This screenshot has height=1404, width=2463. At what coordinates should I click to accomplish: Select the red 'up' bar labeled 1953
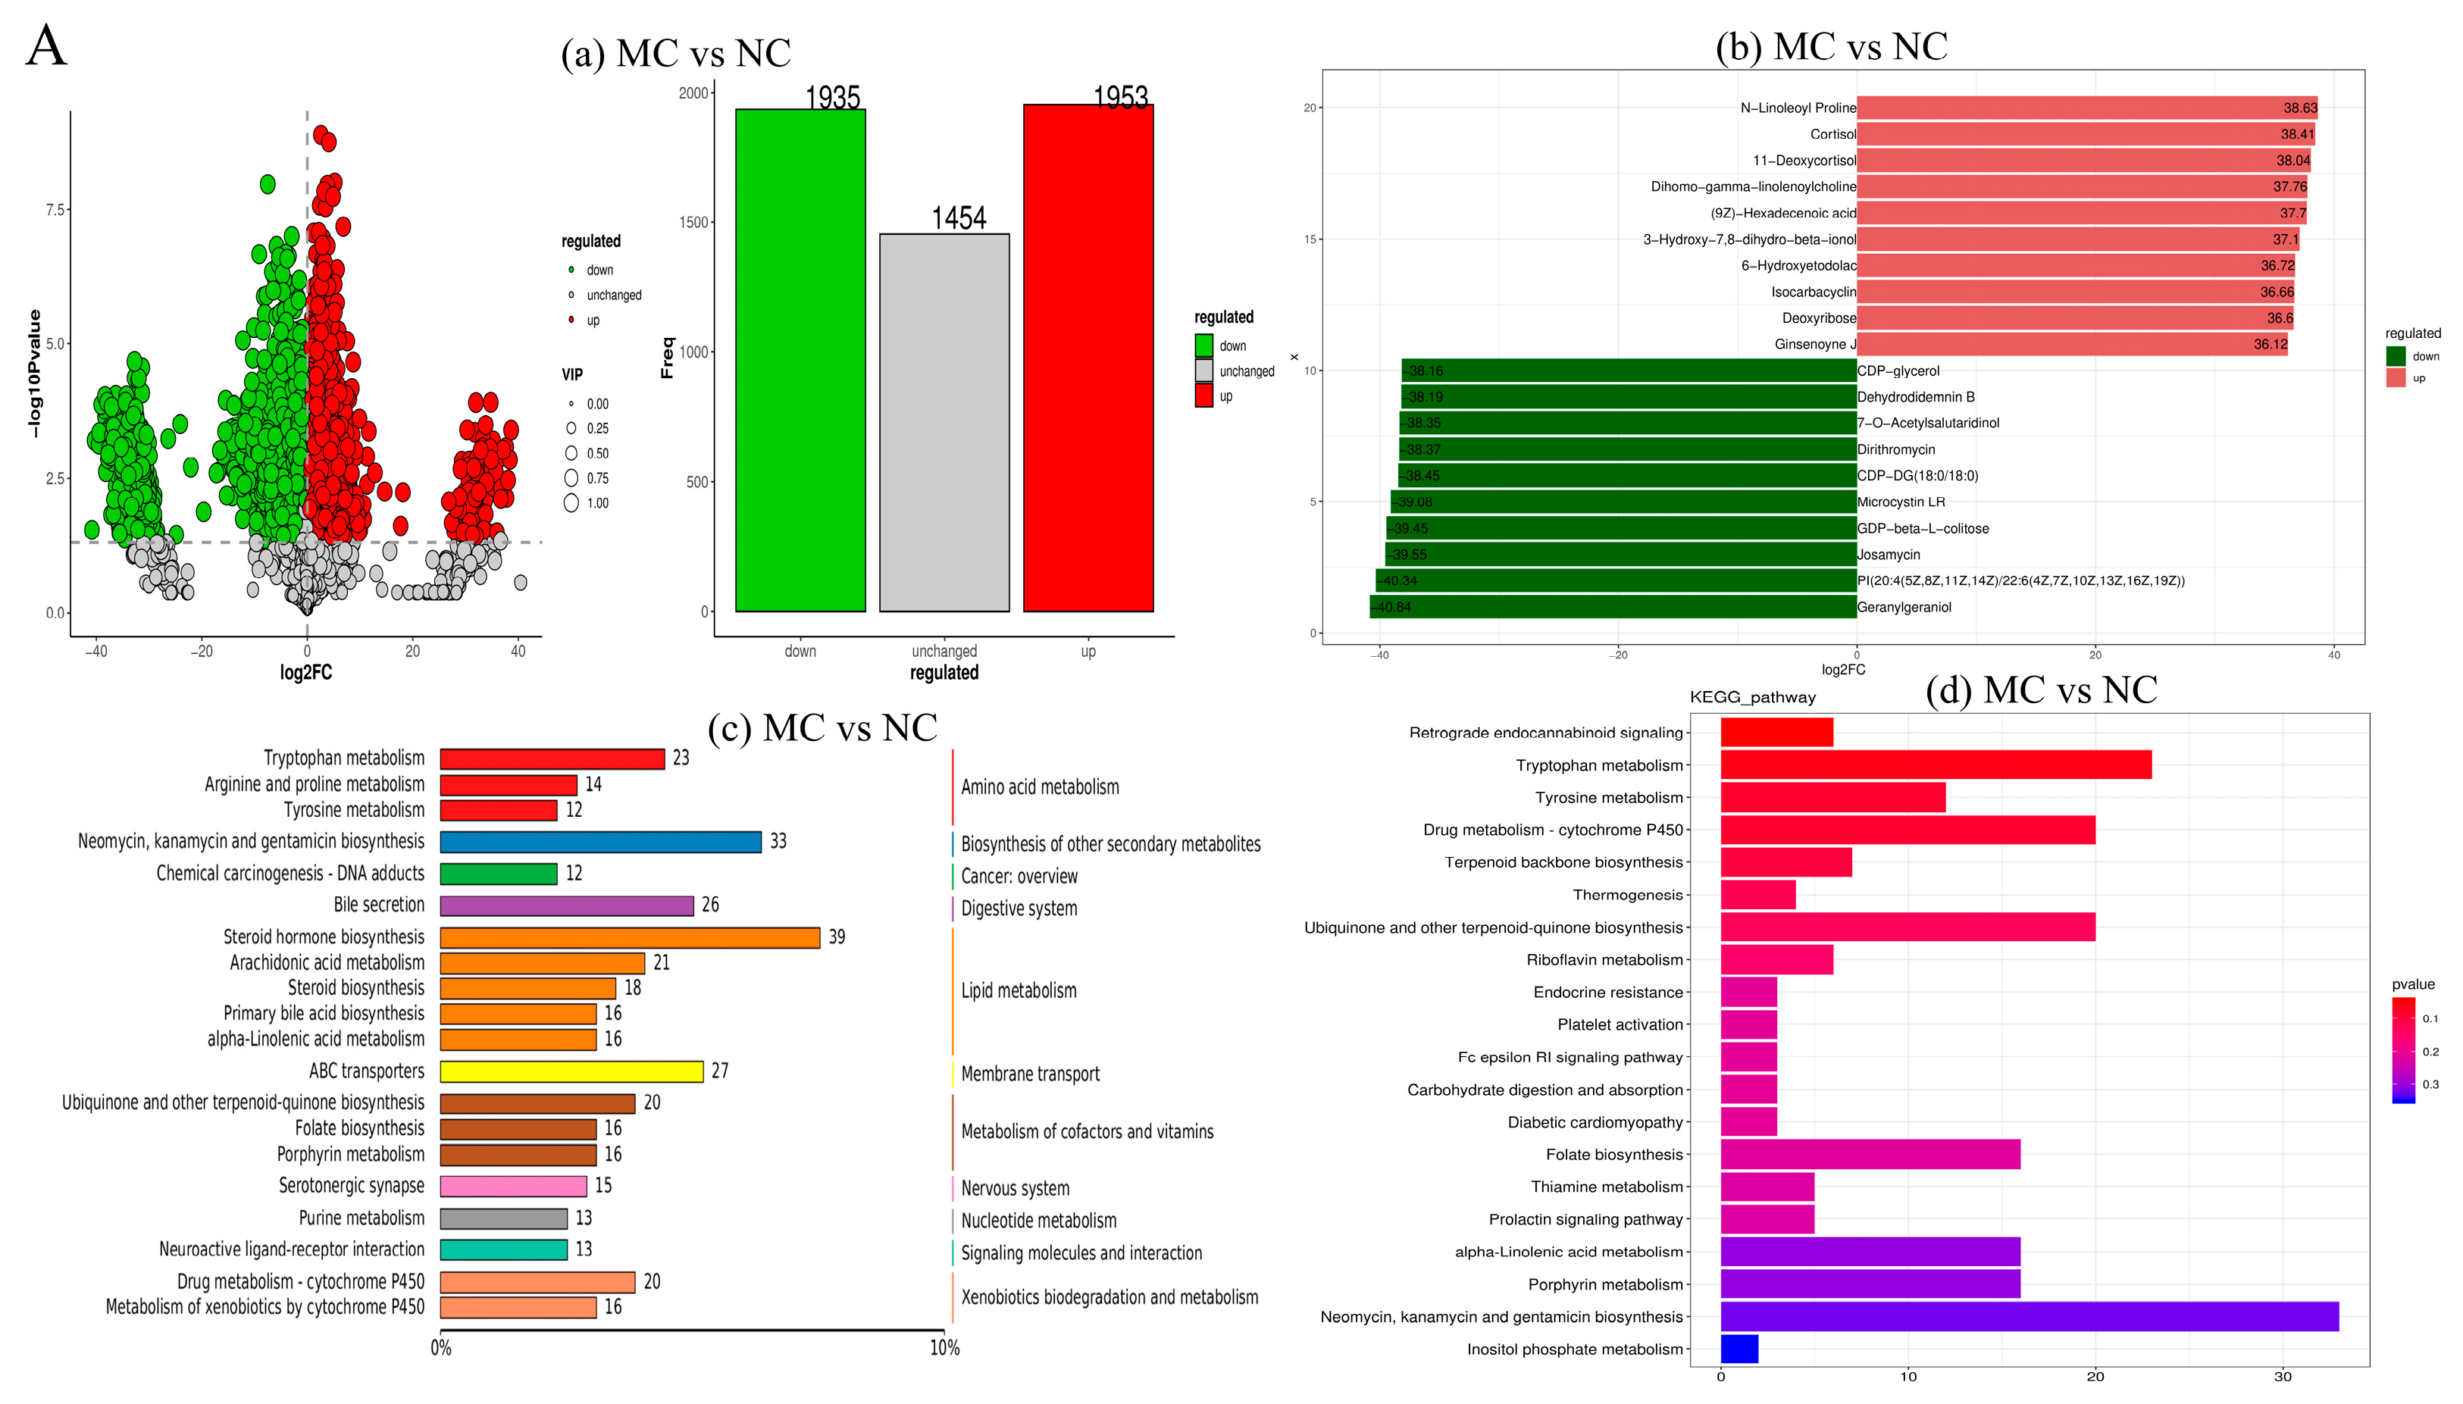(x=1088, y=358)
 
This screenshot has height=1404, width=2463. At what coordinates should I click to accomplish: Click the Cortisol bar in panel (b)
(x=2084, y=134)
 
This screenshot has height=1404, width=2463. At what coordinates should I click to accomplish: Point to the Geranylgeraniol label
(x=1904, y=608)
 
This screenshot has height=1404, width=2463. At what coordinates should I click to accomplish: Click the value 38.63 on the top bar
(x=2299, y=108)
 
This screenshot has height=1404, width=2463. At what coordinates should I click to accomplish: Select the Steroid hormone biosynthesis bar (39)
(x=629, y=937)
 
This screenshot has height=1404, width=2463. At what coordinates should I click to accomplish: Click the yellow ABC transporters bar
(x=571, y=1071)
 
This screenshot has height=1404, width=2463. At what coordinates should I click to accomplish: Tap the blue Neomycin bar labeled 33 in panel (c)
(x=600, y=842)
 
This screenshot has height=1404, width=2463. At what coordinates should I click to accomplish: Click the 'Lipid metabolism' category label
(x=1019, y=990)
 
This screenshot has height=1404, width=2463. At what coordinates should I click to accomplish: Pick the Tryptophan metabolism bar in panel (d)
(x=1935, y=765)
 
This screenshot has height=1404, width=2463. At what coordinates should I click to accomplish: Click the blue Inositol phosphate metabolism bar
(x=1738, y=1349)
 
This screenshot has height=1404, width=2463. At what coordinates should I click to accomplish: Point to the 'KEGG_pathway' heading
(x=1751, y=697)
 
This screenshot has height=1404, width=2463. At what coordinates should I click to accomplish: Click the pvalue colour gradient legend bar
(x=2402, y=1050)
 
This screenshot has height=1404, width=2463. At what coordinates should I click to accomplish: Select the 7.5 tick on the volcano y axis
(x=55, y=210)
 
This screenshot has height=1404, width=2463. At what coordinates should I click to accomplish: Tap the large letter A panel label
(x=46, y=46)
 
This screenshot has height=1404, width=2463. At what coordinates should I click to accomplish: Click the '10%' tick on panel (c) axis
(x=944, y=1348)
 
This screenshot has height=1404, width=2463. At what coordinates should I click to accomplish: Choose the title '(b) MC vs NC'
(x=1830, y=46)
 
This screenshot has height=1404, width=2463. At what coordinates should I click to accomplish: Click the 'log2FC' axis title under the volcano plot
(x=305, y=672)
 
